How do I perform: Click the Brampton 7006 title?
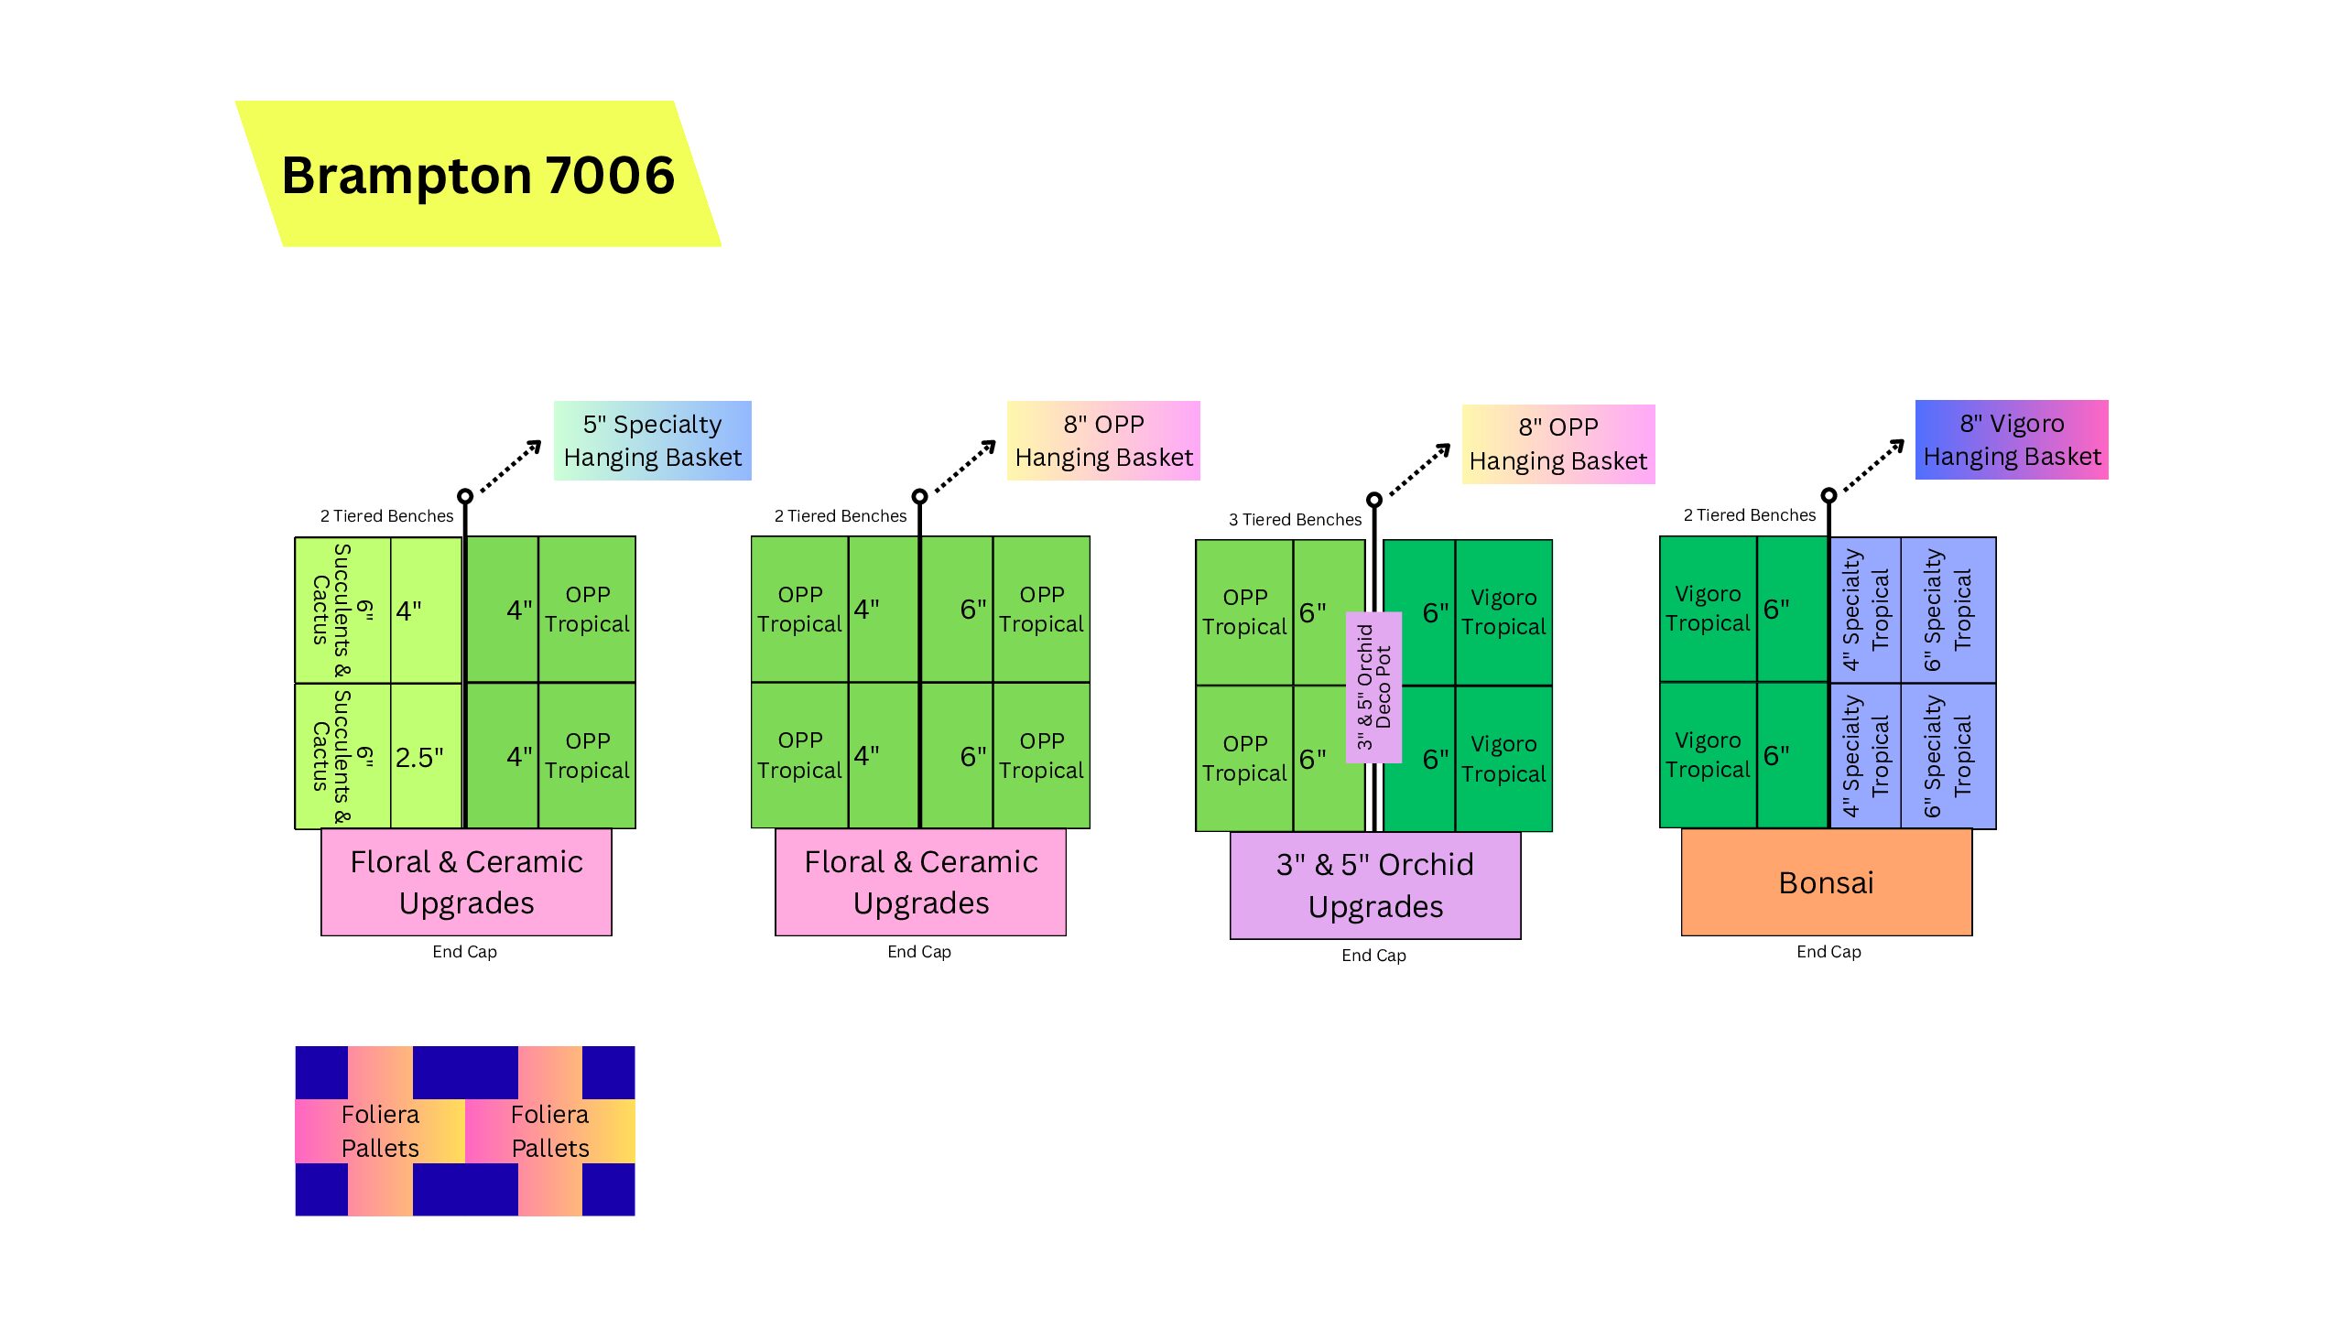tap(478, 175)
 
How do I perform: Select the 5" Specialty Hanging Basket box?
tap(652, 440)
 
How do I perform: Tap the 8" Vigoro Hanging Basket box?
tap(2012, 439)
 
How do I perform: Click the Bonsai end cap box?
tap(1826, 882)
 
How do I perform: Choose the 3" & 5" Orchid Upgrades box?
tap(1374, 885)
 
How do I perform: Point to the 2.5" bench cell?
tap(425, 757)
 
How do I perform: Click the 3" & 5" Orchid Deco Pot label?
tap(1373, 686)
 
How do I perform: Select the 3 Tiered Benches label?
tap(1295, 520)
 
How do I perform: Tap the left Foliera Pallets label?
tap(380, 1130)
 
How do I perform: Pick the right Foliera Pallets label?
tap(549, 1130)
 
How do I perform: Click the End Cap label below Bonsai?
tap(1829, 952)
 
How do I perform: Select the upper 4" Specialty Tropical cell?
tap(1865, 610)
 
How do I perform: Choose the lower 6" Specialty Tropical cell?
tap(1948, 756)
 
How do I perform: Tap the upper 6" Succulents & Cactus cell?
tap(342, 610)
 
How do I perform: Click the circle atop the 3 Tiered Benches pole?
tap(1373, 500)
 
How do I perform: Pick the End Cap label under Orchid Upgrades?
tap(1373, 956)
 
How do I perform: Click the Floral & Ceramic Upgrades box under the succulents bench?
tap(466, 882)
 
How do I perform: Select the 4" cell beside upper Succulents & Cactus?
tap(425, 610)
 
